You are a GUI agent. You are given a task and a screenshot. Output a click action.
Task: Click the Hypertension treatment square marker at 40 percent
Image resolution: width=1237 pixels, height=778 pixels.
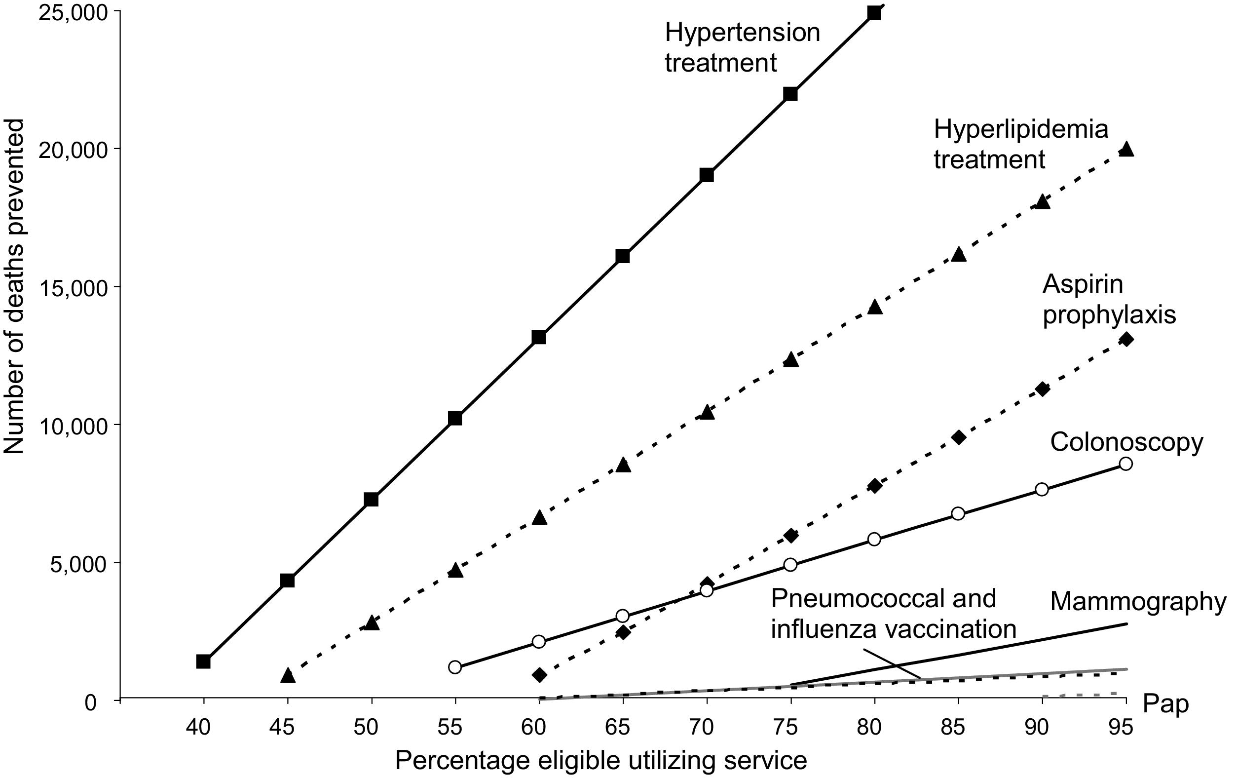tap(203, 661)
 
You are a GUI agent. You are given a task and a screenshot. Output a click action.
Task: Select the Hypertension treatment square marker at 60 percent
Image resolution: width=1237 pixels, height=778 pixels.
tap(538, 337)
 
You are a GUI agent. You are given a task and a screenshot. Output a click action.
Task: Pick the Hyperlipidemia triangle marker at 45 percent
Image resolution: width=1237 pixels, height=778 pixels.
tap(288, 676)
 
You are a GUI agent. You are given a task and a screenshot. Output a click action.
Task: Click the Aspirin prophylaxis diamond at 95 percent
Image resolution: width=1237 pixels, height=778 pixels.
tap(1126, 339)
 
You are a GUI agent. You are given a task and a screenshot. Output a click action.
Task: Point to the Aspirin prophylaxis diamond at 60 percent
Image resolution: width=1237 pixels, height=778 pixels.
tap(539, 675)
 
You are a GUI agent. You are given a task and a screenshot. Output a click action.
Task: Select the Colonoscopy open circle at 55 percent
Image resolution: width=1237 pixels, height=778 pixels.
tap(454, 667)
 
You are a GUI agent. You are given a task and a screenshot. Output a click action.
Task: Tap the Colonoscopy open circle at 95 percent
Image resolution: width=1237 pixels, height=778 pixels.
tap(1125, 464)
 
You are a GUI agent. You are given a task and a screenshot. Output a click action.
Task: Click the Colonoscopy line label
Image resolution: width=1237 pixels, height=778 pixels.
tap(1126, 442)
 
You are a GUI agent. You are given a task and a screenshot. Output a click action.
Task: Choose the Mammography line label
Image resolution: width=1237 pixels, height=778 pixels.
tap(1138, 601)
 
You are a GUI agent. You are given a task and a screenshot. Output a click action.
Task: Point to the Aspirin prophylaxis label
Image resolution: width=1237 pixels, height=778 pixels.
tap(1109, 300)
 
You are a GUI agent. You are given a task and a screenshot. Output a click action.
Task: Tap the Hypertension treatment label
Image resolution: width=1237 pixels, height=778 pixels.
tap(742, 48)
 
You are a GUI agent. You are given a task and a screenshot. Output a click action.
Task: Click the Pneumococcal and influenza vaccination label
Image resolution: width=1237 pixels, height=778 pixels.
tap(893, 614)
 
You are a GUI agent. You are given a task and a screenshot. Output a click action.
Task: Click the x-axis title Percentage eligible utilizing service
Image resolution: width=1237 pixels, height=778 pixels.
tap(601, 761)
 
